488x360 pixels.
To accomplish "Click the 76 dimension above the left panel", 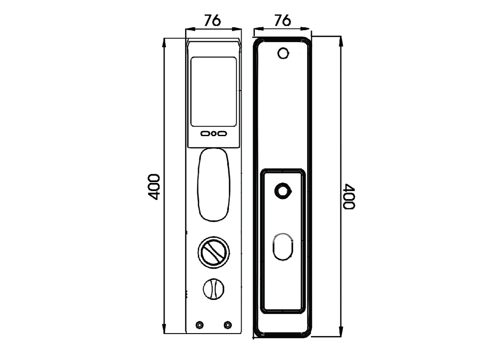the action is pos(213,21).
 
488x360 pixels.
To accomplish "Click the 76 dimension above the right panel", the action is pos(282,20).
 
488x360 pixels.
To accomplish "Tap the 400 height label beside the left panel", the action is pos(154,187).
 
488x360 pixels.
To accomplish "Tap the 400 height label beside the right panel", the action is pos(349,197).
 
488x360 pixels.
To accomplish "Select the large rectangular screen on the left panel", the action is pos(213,91).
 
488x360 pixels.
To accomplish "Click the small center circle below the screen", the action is pos(214,134).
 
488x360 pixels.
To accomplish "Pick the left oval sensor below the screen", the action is pos(206,134).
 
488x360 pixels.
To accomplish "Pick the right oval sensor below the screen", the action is pos(222,134).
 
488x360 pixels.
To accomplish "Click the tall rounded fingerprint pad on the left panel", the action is pos(214,185).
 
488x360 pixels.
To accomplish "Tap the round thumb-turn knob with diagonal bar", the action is pos(214,252).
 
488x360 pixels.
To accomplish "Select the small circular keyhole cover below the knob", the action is pos(213,289).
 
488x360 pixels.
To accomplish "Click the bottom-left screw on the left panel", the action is pos(199,325).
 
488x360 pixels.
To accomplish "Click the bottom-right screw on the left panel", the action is pos(228,325).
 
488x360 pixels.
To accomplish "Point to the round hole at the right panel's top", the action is pos(283,53).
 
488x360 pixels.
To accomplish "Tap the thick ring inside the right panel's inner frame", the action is pos(283,190).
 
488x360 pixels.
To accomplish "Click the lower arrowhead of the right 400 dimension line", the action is pos(341,331).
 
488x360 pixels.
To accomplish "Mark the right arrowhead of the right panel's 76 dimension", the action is pos(305,29).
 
